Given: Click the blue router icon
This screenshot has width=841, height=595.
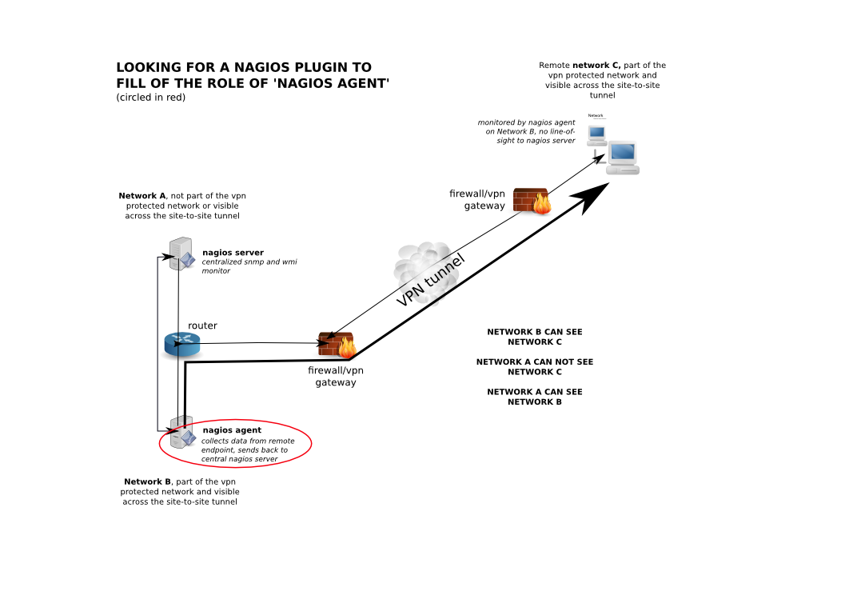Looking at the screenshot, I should tap(181, 344).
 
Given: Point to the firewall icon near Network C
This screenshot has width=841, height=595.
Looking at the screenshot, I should tap(532, 201).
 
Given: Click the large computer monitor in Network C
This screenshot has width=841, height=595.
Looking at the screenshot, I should tap(623, 158).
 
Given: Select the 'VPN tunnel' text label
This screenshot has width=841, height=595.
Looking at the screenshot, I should tap(431, 281).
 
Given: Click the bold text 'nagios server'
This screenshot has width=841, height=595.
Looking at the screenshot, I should tap(233, 253).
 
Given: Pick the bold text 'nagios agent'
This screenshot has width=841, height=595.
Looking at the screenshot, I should tap(232, 430).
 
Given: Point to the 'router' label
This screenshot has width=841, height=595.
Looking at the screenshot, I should tap(202, 325).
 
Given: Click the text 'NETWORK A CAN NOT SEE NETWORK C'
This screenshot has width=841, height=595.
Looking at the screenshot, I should tap(535, 366).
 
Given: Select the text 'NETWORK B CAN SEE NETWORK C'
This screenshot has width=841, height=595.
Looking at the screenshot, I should tap(535, 337).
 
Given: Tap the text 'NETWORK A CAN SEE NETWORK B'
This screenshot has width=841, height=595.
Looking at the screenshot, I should tap(535, 397).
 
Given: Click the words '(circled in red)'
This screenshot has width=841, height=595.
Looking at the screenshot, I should tap(150, 98).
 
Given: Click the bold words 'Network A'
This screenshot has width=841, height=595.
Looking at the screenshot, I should tap(142, 196).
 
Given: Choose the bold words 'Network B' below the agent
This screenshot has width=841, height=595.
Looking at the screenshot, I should tap(147, 481).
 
